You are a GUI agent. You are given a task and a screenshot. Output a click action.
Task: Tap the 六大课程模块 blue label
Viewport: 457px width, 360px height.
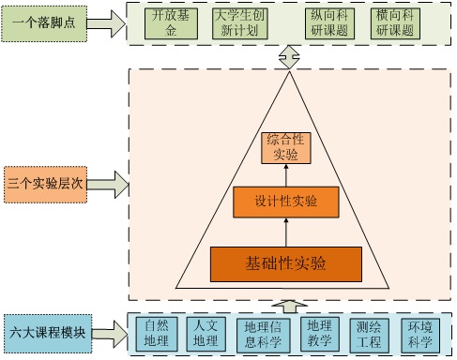(x=45, y=331)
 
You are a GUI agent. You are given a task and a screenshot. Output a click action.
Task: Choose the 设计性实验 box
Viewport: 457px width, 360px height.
(x=286, y=202)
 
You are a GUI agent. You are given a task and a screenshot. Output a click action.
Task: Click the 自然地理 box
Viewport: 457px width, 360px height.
(x=157, y=334)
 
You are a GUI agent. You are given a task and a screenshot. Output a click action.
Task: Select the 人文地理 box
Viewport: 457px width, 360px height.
(x=205, y=334)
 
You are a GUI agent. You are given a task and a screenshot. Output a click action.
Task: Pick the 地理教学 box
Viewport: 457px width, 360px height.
(x=319, y=334)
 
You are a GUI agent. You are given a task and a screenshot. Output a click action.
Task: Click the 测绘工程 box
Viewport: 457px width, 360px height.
(x=369, y=334)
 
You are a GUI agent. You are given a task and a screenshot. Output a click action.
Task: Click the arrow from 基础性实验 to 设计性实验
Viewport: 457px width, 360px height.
(x=286, y=232)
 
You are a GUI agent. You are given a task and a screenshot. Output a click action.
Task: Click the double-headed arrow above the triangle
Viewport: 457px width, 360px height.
(x=286, y=58)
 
